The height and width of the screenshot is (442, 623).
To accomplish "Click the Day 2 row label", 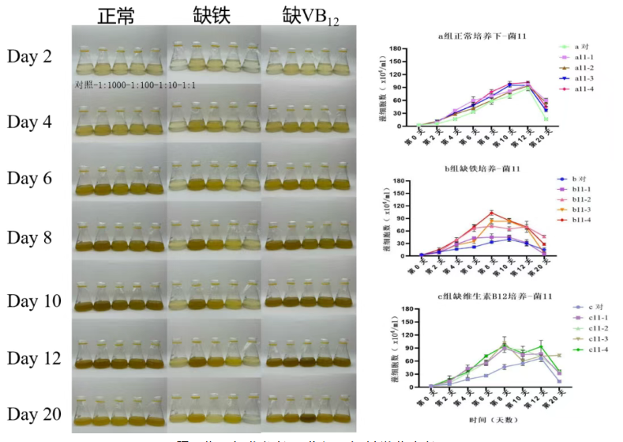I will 30,56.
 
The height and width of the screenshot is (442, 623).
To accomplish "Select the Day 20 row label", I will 34,414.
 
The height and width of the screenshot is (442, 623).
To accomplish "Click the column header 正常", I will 118,16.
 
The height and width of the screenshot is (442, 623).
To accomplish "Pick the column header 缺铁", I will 212,16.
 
